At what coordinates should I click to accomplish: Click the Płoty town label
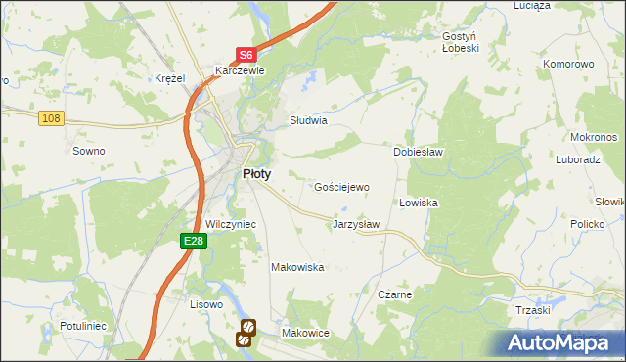[256, 173]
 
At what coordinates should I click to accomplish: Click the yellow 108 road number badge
[52, 118]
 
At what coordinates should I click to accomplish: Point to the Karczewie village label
[240, 71]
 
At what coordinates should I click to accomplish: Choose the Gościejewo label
[341, 187]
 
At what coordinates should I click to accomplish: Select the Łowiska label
[418, 203]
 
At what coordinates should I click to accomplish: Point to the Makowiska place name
[297, 267]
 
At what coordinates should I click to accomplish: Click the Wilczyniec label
[231, 224]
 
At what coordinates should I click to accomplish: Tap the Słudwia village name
[308, 121]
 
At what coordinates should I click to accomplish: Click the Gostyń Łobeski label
[460, 41]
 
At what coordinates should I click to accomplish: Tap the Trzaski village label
[533, 309]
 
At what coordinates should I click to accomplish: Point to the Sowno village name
[89, 151]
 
